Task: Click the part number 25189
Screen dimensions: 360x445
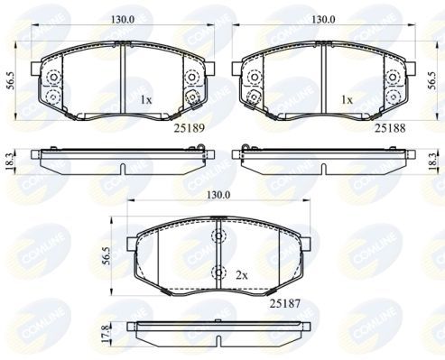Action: [x=190, y=127]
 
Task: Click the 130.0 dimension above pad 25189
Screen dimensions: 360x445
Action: [x=123, y=17]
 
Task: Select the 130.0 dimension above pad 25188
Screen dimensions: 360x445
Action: [x=323, y=17]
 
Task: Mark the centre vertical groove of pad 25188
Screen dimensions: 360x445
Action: [x=323, y=81]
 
